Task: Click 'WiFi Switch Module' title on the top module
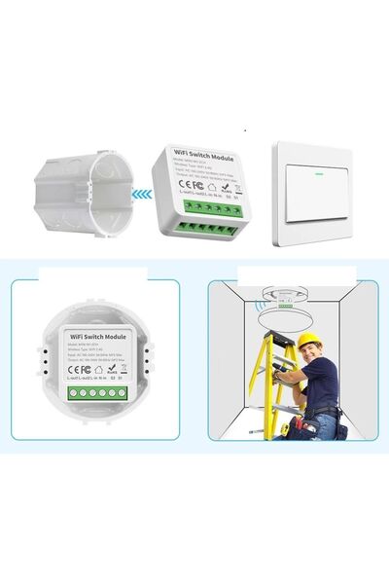pyautogui.click(x=204, y=154)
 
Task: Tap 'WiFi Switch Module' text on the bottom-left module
pyautogui.click(x=95, y=334)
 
